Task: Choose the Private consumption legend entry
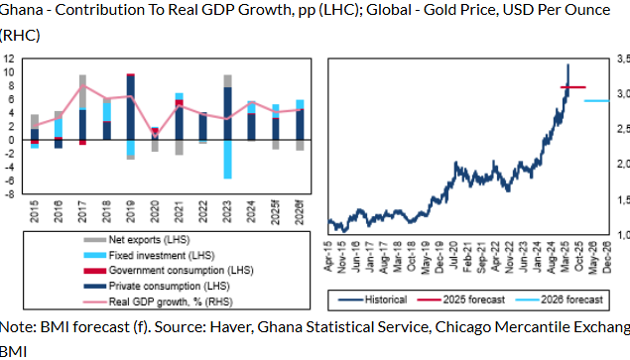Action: pos(165,286)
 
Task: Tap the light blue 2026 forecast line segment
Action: pos(596,101)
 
